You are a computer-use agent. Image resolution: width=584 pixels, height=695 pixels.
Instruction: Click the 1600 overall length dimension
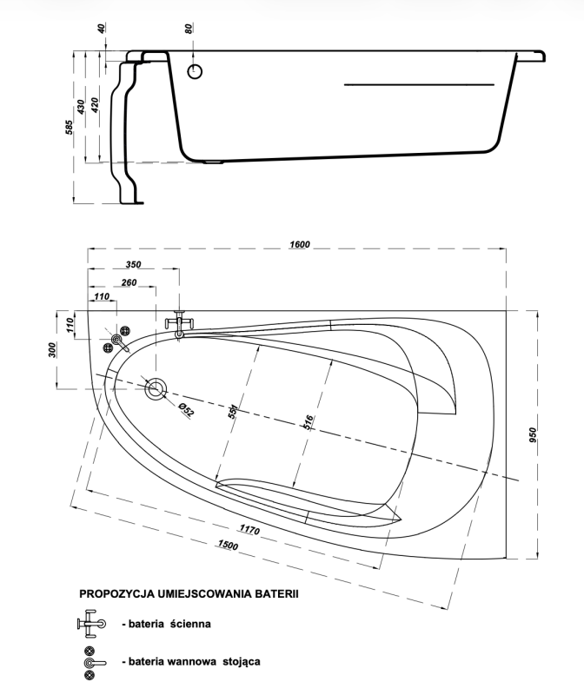pos(300,244)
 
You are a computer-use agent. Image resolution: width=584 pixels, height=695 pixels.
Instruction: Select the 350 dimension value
pos(133,265)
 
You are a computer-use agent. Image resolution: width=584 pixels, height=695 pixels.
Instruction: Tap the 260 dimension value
pos(129,282)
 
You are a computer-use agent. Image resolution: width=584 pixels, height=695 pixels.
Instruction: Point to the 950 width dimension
pos(533,435)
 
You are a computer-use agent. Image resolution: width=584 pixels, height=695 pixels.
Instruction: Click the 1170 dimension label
pos(249,529)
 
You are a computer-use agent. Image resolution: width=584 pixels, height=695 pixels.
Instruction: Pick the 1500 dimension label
pos(228,545)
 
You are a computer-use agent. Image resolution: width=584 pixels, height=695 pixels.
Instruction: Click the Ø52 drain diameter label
pos(186,409)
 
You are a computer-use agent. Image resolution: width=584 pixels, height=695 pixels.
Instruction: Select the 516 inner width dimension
pos(308,422)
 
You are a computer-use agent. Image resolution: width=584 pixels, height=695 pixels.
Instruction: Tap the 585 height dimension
pos(70,127)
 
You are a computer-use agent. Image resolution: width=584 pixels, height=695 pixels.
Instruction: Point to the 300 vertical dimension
pos(52,350)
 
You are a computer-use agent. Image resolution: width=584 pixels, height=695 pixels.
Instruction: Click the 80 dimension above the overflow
pos(189,29)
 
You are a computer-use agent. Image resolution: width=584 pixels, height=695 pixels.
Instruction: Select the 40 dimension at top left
pos(102,29)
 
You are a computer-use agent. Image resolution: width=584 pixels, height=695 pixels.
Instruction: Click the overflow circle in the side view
pos(195,71)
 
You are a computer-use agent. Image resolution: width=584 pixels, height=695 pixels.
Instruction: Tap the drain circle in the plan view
pos(156,389)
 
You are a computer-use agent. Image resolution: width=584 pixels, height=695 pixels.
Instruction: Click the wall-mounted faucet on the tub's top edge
pos(180,325)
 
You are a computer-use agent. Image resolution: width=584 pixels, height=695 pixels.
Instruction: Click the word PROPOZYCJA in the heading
pos(116,594)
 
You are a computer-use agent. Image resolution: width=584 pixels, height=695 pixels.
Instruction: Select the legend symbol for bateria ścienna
pos(91,624)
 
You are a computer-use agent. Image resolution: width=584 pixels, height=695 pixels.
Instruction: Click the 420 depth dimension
pos(95,105)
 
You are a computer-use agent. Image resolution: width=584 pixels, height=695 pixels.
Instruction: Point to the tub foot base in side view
pos(133,203)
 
